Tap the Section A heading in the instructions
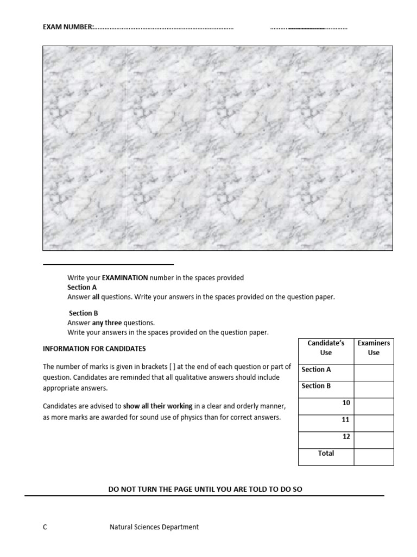82,287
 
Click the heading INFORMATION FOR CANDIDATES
94,348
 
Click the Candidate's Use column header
326,348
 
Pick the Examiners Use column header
374,348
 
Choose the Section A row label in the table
317,369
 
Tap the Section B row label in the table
317,386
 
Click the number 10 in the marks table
346,403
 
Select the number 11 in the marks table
346,419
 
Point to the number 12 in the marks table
346,436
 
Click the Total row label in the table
326,453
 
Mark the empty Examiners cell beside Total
374,457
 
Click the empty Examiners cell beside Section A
374,373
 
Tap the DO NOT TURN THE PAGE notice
205,489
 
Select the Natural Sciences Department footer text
154,527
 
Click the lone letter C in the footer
45,527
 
